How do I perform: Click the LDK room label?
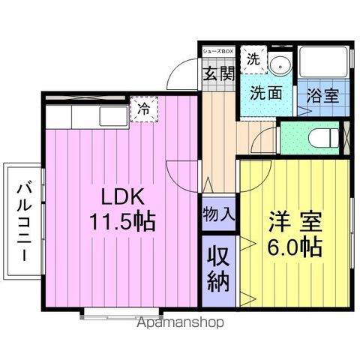click(123, 196)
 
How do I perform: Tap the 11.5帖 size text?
click(122, 222)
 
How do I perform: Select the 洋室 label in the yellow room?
click(295, 221)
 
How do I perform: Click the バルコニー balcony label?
click(25, 222)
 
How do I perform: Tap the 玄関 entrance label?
click(219, 73)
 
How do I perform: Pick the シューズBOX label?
click(218, 52)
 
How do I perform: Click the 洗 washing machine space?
click(253, 59)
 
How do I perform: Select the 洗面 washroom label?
click(266, 93)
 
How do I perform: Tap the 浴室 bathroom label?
click(323, 96)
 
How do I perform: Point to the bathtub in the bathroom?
click(323, 62)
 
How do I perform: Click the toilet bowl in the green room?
click(323, 138)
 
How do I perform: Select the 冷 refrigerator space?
click(144, 109)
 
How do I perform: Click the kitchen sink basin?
click(114, 116)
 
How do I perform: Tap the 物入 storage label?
click(219, 214)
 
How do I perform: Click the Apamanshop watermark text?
click(181, 322)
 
